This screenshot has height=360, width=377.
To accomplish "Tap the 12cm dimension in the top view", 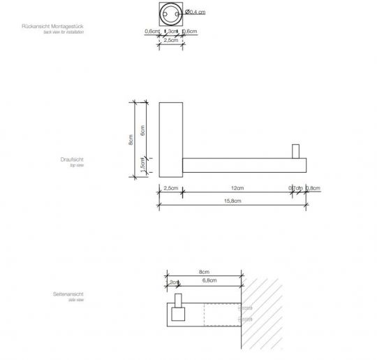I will click(x=237, y=188).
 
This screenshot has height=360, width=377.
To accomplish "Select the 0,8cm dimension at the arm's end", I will click(x=313, y=188).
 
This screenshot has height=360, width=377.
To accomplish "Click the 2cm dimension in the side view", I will click(x=174, y=282).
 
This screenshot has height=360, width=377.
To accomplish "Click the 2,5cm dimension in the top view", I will click(x=170, y=188).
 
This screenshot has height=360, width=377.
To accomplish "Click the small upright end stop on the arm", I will click(x=295, y=151).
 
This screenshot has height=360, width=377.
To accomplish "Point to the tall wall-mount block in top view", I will click(x=170, y=139).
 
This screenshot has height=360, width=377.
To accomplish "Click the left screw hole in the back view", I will click(x=163, y=12).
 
